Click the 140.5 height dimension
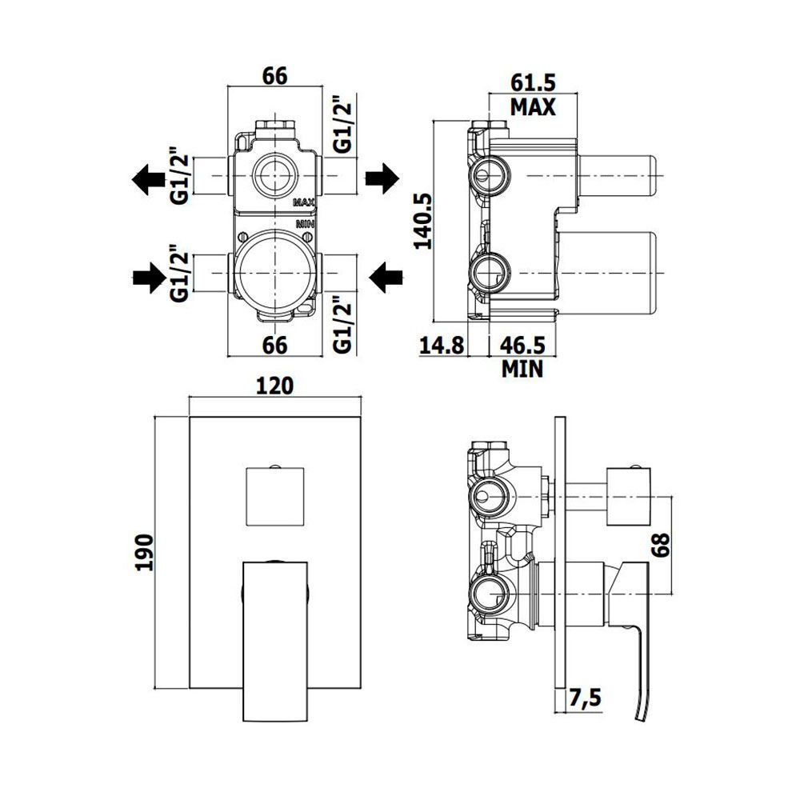(422, 221)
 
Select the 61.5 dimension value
(533, 82)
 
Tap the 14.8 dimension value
(442, 346)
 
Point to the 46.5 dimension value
(522, 346)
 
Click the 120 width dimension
(274, 386)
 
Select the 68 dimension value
(660, 545)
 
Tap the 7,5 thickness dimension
(586, 698)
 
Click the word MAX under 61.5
(533, 107)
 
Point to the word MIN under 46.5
(522, 369)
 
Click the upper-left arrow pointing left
(149, 179)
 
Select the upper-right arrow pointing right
(382, 178)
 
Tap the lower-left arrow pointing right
(150, 278)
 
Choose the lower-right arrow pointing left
(386, 278)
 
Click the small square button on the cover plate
(275, 496)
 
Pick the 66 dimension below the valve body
(275, 346)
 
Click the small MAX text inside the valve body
(303, 202)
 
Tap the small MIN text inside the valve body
(306, 223)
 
